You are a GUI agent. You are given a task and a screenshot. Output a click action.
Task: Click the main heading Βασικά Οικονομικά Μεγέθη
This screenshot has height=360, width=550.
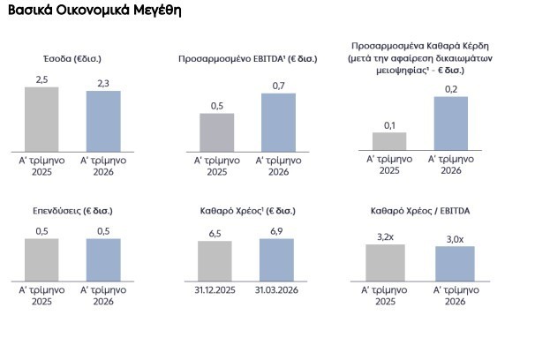[x=94, y=11]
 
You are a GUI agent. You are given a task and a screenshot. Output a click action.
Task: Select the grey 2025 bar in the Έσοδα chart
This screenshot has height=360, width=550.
[x=41, y=119]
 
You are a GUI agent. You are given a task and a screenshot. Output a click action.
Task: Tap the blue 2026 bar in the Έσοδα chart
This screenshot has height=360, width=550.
[x=103, y=121]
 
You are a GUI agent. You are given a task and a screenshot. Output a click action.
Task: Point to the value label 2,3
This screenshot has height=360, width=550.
[x=103, y=84]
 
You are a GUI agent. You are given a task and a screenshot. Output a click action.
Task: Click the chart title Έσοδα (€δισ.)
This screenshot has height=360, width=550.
[x=72, y=58]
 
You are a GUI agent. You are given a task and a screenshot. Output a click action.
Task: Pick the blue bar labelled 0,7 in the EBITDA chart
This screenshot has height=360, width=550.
[x=278, y=123]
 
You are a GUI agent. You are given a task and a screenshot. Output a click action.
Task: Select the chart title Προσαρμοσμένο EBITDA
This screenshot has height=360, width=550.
[x=248, y=58]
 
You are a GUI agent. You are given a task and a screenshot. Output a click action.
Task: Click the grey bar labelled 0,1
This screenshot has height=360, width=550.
[x=389, y=141]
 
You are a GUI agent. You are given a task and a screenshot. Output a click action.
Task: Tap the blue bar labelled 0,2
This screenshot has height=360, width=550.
[x=451, y=124]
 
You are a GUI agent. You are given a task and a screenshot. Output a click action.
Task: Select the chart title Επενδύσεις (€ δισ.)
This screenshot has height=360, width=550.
[x=72, y=211]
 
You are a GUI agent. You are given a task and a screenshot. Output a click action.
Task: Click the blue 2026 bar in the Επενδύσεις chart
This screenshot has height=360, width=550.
[x=103, y=259]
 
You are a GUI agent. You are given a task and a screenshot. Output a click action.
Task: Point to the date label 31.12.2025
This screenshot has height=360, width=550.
[x=215, y=290]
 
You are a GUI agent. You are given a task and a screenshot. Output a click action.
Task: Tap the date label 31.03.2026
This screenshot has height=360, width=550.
[x=276, y=290]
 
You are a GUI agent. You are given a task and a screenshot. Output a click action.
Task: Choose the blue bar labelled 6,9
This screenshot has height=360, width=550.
[x=276, y=259]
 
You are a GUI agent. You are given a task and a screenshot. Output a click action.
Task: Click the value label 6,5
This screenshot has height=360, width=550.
[x=215, y=234]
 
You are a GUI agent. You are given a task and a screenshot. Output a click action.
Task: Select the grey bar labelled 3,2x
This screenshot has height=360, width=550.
[x=385, y=263]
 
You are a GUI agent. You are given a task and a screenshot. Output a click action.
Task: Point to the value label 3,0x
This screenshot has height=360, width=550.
[x=455, y=239]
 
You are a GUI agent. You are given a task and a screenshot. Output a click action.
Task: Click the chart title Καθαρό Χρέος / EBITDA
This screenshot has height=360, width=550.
[x=420, y=211]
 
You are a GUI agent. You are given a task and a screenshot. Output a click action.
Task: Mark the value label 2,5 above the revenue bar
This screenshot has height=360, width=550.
[x=41, y=79]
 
